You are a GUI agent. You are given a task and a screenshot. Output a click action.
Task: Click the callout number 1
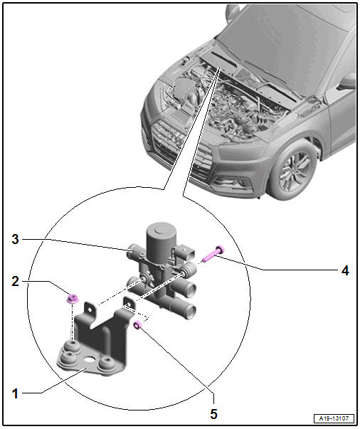click(x=15, y=393)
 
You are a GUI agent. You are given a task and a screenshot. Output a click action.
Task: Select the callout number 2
click(x=16, y=281)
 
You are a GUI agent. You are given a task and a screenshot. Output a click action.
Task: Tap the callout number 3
click(x=16, y=239)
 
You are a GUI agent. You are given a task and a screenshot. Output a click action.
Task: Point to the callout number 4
click(x=345, y=270)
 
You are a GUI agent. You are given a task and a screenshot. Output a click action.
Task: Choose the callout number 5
click(x=213, y=414)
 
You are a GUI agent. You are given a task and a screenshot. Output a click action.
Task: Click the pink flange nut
click(x=73, y=298)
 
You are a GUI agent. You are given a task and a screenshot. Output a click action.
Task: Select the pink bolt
click(x=213, y=253)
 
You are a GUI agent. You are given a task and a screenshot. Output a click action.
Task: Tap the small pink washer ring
click(x=137, y=324)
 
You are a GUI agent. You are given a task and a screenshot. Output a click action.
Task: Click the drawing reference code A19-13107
click(x=334, y=418)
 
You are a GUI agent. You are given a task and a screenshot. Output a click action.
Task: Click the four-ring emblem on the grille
click(x=172, y=137)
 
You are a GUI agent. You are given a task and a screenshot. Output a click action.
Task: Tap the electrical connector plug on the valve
click(x=184, y=253)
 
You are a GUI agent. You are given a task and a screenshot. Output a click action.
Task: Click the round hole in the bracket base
click(x=89, y=359)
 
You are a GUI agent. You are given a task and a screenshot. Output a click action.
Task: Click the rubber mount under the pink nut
click(x=72, y=345)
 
